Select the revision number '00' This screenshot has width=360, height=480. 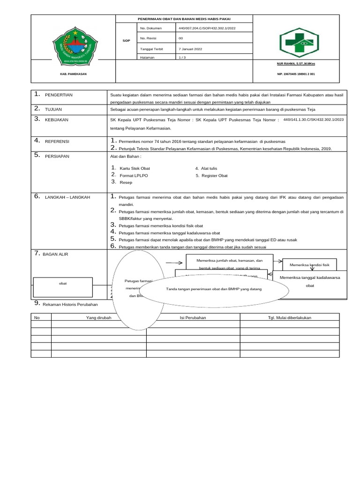coord(181,38)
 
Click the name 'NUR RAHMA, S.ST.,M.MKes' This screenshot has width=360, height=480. coord(296,63)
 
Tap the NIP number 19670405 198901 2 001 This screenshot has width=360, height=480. coord(296,74)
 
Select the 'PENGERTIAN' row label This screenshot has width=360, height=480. coord(59,95)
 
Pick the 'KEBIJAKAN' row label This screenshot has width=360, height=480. coord(57,120)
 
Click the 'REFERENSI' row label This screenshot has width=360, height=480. coord(57,141)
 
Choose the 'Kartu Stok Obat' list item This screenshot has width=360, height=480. coord(135,168)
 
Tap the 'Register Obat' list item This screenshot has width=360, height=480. coord(214,175)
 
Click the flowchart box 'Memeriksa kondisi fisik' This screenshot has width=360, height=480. coord(310,265)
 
